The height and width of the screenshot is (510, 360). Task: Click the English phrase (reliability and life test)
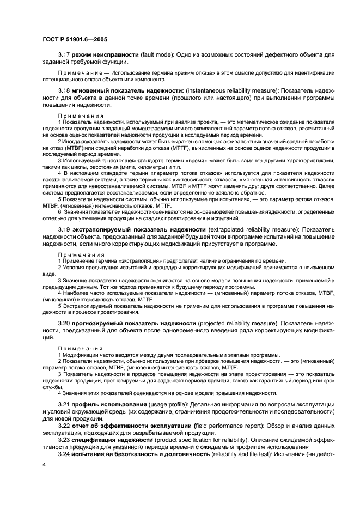pyautogui.click(x=245, y=454)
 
